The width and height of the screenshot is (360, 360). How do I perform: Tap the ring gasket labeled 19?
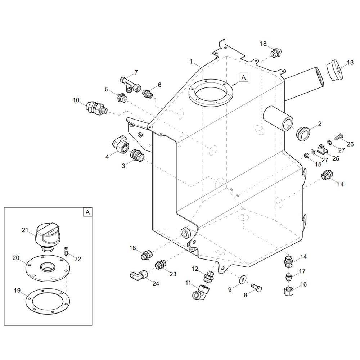tap(48, 301)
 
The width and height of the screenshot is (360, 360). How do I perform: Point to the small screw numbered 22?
tap(66, 251)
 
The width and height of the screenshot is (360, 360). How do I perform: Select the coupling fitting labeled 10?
tap(96, 108)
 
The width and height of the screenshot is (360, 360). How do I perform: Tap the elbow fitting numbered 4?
tap(120, 144)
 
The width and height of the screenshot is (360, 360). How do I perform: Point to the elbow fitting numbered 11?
tap(202, 291)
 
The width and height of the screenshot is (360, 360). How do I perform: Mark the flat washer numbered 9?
tap(242, 279)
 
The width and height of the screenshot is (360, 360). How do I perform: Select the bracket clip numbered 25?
tap(322, 149)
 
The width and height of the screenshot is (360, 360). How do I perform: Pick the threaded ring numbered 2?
tap(303, 134)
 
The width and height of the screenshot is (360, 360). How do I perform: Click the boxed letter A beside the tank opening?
tap(244, 78)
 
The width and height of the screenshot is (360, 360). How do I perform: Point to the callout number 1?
tap(191, 62)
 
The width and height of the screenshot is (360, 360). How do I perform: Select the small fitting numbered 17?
tap(289, 277)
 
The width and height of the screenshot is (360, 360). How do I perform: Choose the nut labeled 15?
tap(306, 156)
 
